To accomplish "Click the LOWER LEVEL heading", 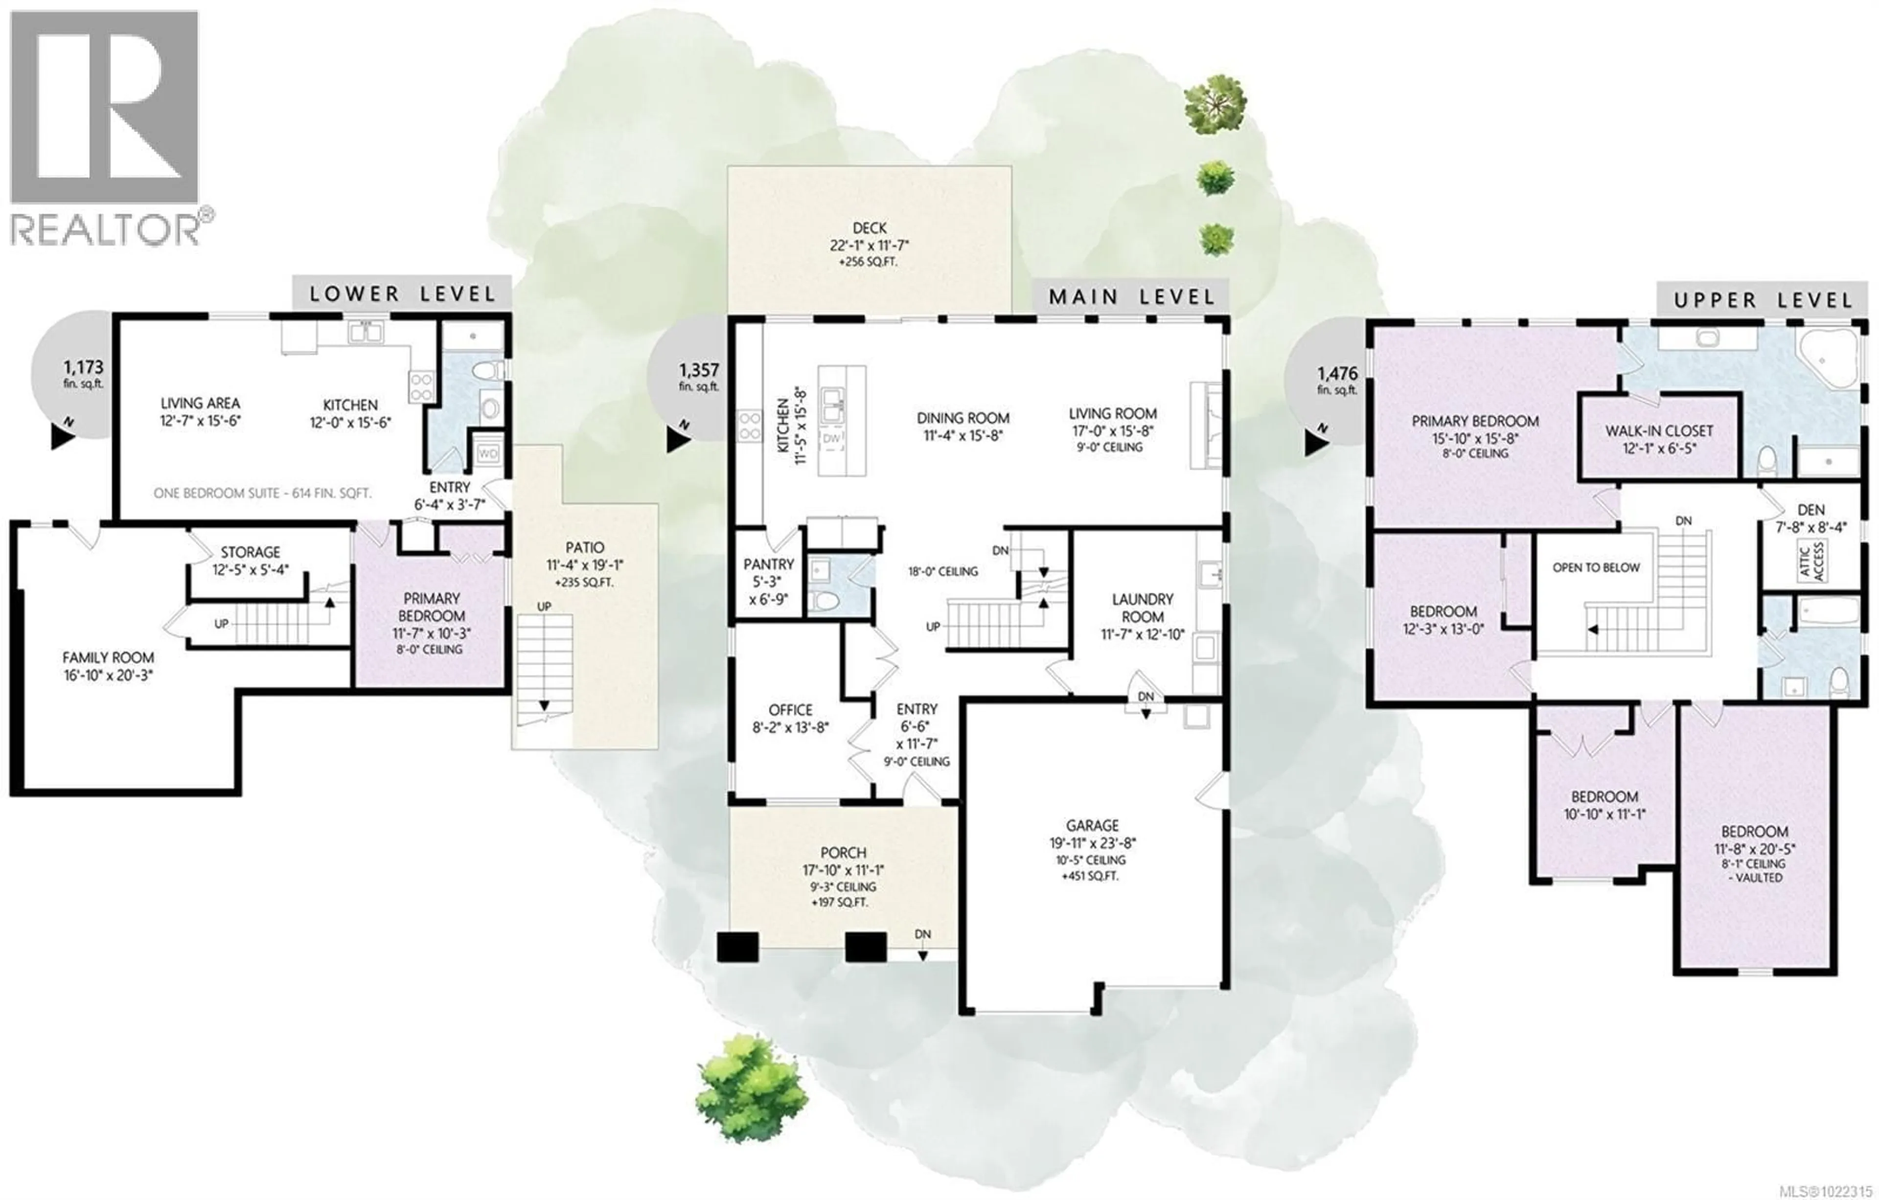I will (402, 294).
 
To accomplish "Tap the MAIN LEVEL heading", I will (1131, 297).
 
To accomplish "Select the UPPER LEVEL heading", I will (1763, 300).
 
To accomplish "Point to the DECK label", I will (869, 228).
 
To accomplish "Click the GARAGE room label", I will (1093, 825).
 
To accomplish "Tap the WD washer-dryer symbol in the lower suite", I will (488, 453).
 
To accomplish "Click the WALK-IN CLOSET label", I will (1659, 430).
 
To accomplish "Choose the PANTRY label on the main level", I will (769, 564).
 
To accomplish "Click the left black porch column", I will (737, 947).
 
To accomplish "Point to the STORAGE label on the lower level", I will (250, 552).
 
